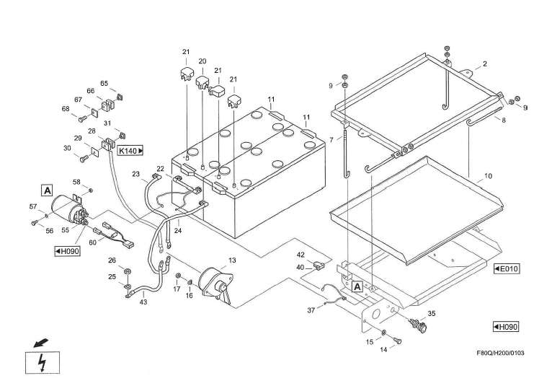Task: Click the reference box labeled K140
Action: click(130, 150)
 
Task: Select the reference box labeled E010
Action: click(507, 268)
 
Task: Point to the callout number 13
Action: click(232, 260)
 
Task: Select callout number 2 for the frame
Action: click(484, 64)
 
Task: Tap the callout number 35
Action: click(432, 314)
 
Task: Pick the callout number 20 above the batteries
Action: click(202, 61)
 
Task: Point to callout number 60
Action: click(92, 242)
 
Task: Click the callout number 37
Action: click(311, 310)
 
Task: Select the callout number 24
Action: click(177, 231)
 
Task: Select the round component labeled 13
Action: click(214, 280)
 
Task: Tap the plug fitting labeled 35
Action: click(418, 324)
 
